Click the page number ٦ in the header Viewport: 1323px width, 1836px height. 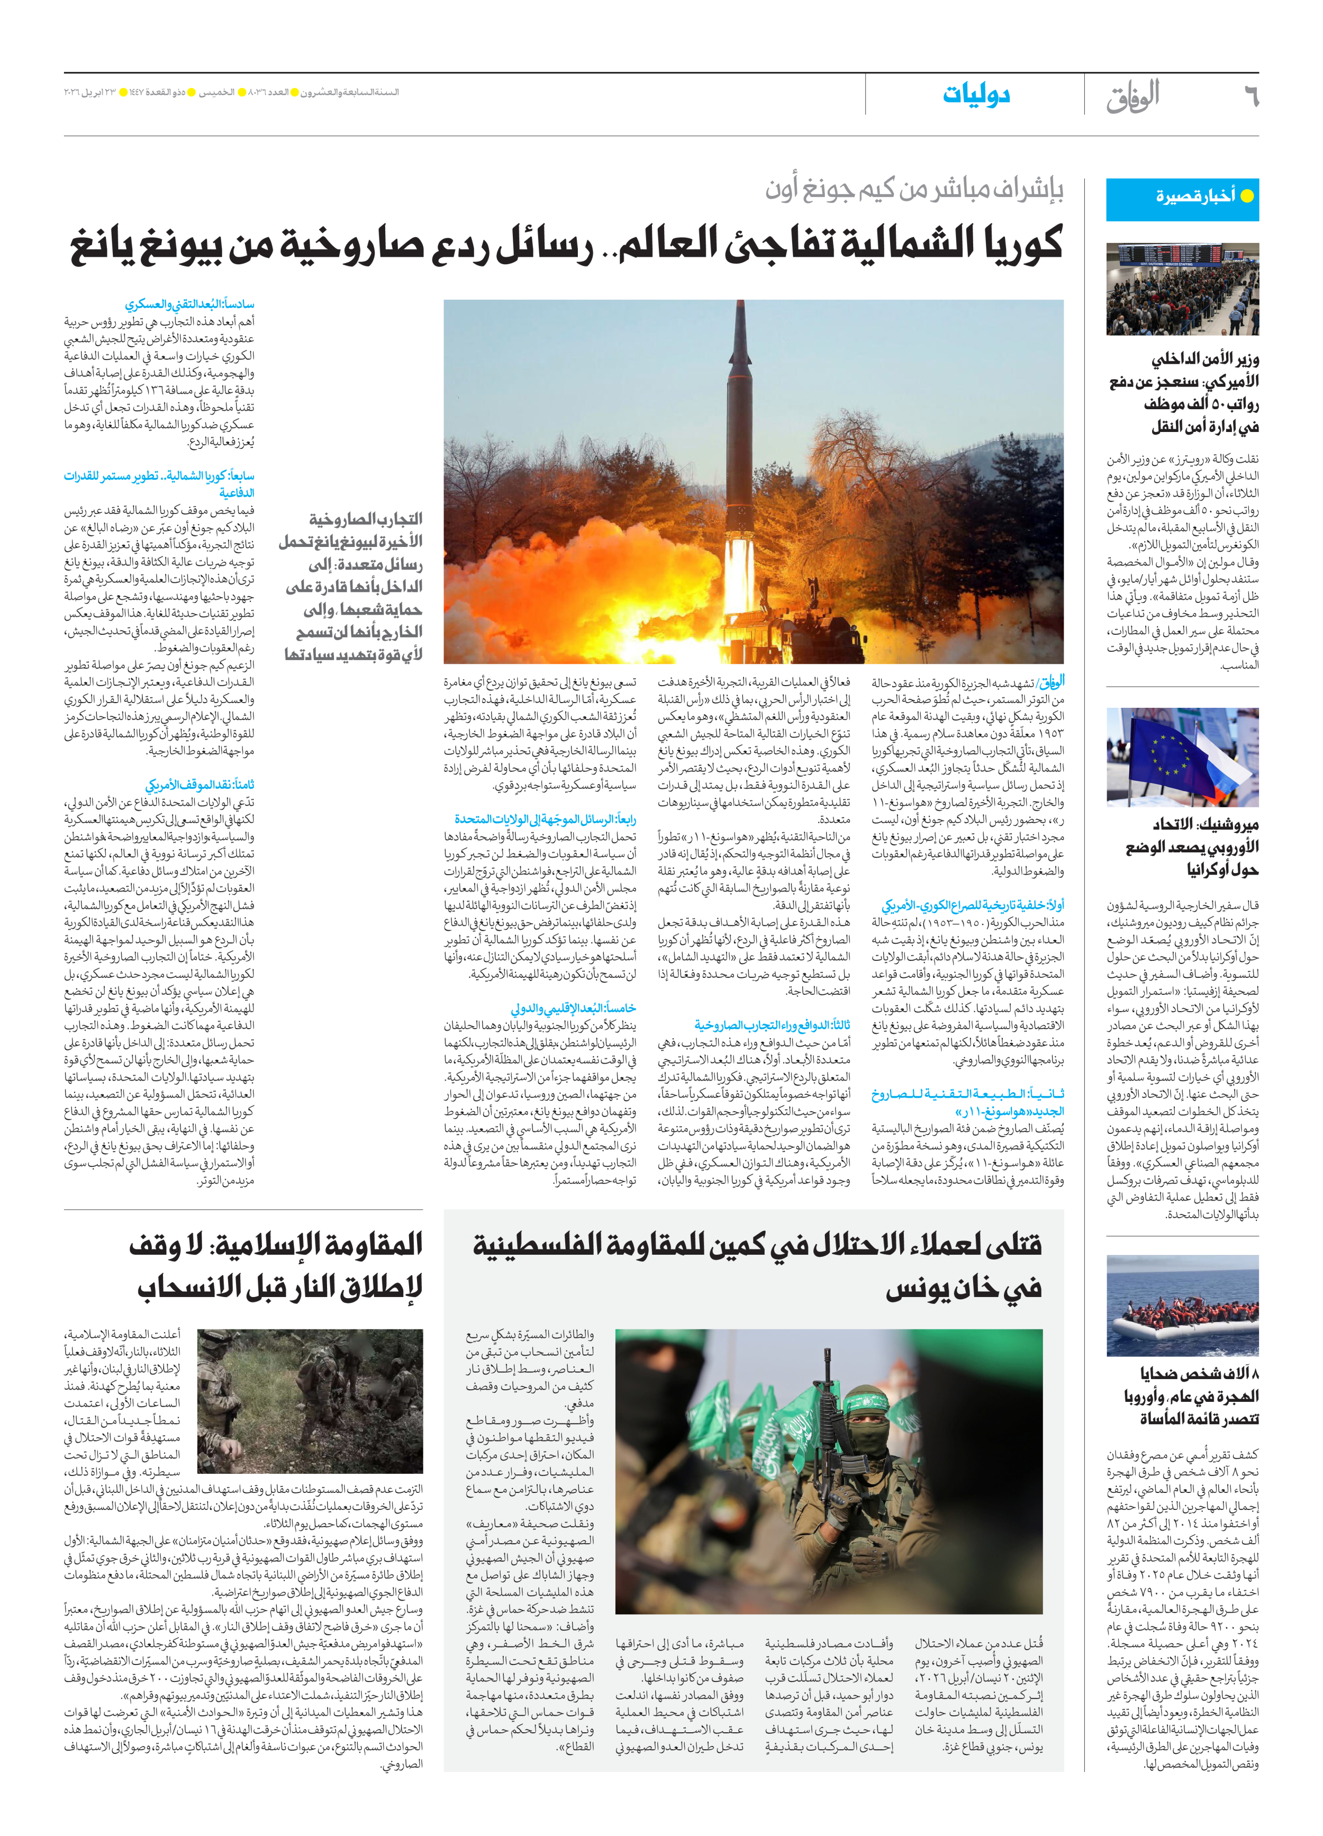click(x=1250, y=96)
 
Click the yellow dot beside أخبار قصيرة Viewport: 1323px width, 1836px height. click(x=1247, y=196)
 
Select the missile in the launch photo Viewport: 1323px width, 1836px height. click(x=742, y=421)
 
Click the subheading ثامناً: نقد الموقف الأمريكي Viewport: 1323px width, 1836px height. click(x=200, y=785)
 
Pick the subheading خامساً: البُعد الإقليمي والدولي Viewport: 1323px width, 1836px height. click(x=573, y=1008)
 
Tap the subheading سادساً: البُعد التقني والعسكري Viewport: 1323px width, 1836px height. click(x=189, y=304)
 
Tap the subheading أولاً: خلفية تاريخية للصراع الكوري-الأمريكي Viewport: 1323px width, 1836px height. click(x=973, y=905)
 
